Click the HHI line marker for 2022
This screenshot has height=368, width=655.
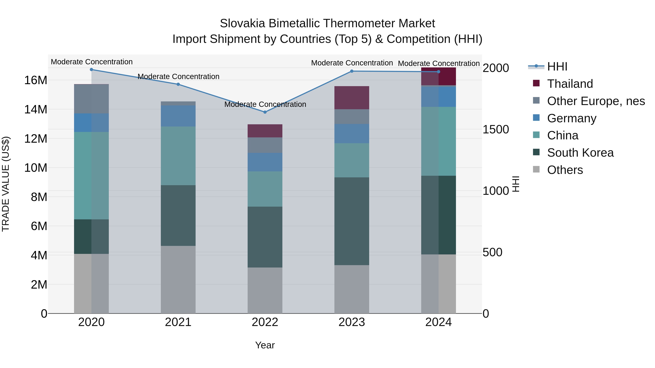[x=265, y=112]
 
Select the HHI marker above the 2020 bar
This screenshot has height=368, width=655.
[x=92, y=70]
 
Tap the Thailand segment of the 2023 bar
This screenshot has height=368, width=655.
[x=352, y=98]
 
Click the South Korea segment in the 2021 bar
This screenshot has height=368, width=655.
[x=178, y=215]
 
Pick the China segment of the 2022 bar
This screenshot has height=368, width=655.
[x=265, y=189]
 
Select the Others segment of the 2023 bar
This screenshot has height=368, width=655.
[x=352, y=289]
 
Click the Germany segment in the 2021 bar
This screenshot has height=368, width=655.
[x=178, y=116]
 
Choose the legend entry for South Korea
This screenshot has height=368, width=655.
[x=580, y=153]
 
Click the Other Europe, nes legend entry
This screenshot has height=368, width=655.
[x=596, y=101]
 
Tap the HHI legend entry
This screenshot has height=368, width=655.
[x=557, y=67]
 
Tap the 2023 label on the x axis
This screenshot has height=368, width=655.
[x=352, y=322]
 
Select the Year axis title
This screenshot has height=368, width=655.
[x=265, y=345]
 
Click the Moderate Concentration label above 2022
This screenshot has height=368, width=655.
[x=265, y=104]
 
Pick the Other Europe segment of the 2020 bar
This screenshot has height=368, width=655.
[x=92, y=99]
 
